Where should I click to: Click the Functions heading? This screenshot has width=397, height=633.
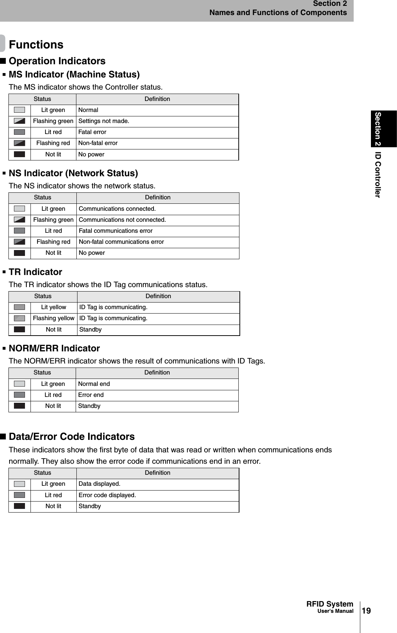click(36, 45)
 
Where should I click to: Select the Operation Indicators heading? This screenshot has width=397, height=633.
click(57, 61)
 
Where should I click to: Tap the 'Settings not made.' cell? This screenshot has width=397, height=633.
click(104, 121)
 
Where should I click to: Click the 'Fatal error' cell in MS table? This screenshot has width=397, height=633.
click(92, 132)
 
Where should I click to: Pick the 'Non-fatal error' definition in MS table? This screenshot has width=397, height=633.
click(98, 143)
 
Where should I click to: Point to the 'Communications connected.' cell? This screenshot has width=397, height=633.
click(117, 209)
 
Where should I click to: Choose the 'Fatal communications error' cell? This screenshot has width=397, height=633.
click(116, 231)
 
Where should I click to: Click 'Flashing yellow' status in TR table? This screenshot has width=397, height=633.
click(54, 318)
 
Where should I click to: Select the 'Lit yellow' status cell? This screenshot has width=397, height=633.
click(54, 307)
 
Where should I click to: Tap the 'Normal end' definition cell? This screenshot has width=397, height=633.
click(94, 384)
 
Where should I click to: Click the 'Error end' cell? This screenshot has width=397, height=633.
click(91, 395)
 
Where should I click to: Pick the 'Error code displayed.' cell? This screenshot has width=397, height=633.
click(107, 495)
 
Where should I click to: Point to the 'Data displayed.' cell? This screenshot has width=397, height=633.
click(100, 484)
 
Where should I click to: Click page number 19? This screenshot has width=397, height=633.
click(366, 611)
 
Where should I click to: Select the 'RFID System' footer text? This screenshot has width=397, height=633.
click(329, 604)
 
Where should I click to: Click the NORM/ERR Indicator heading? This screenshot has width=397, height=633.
click(54, 348)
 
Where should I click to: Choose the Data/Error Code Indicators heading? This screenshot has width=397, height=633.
click(72, 437)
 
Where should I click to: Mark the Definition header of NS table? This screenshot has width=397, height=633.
click(158, 198)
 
